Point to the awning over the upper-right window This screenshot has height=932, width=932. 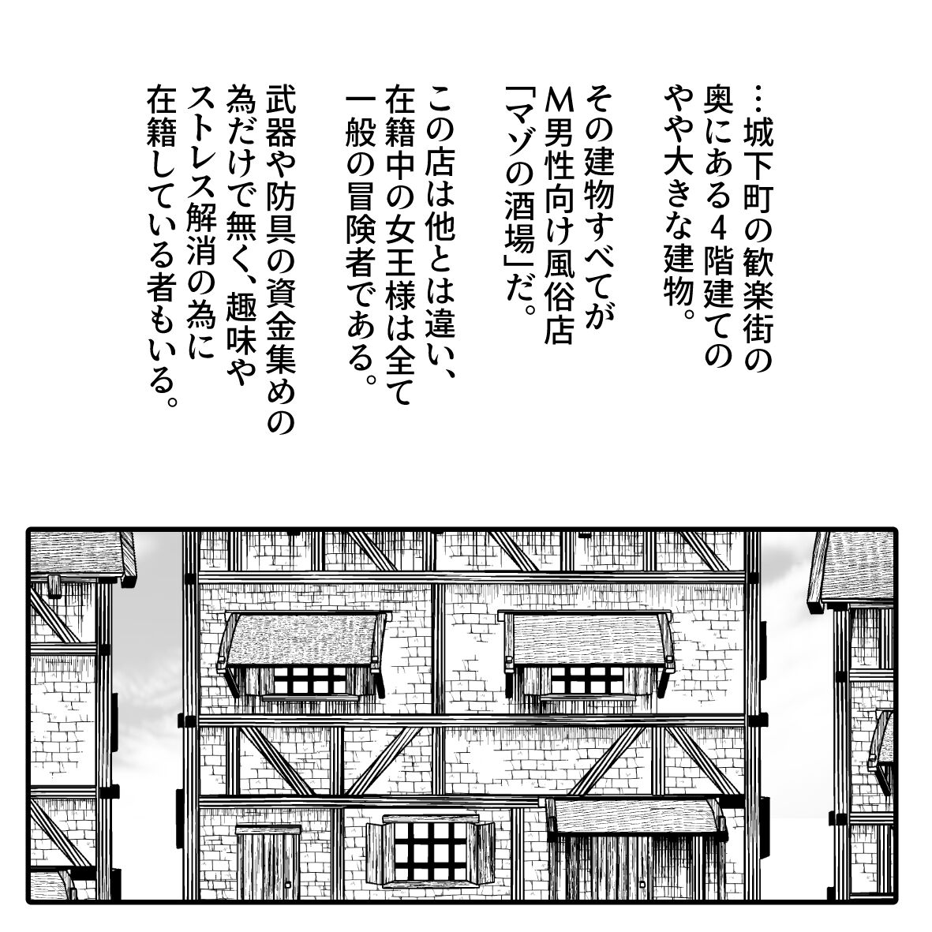click(x=590, y=639)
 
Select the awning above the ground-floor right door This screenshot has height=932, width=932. click(x=638, y=818)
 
